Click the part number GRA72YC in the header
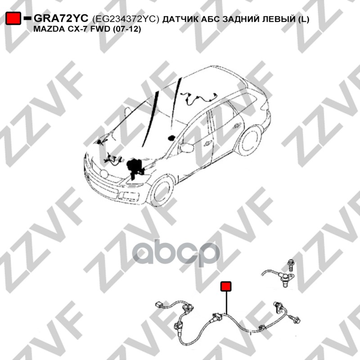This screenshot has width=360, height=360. click(x=61, y=18)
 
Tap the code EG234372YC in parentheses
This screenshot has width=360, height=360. click(x=126, y=19)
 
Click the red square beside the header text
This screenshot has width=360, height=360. click(x=13, y=18)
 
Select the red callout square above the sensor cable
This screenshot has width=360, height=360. click(x=226, y=287)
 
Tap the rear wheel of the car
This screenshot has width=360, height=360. click(x=250, y=140)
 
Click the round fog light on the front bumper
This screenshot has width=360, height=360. click(x=104, y=174)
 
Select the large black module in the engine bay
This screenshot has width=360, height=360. click(x=135, y=167)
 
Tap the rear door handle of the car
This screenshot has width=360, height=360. click(x=237, y=126)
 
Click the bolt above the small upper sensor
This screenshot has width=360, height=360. click(x=291, y=266)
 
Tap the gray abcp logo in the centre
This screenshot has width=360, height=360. click(x=175, y=253)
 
